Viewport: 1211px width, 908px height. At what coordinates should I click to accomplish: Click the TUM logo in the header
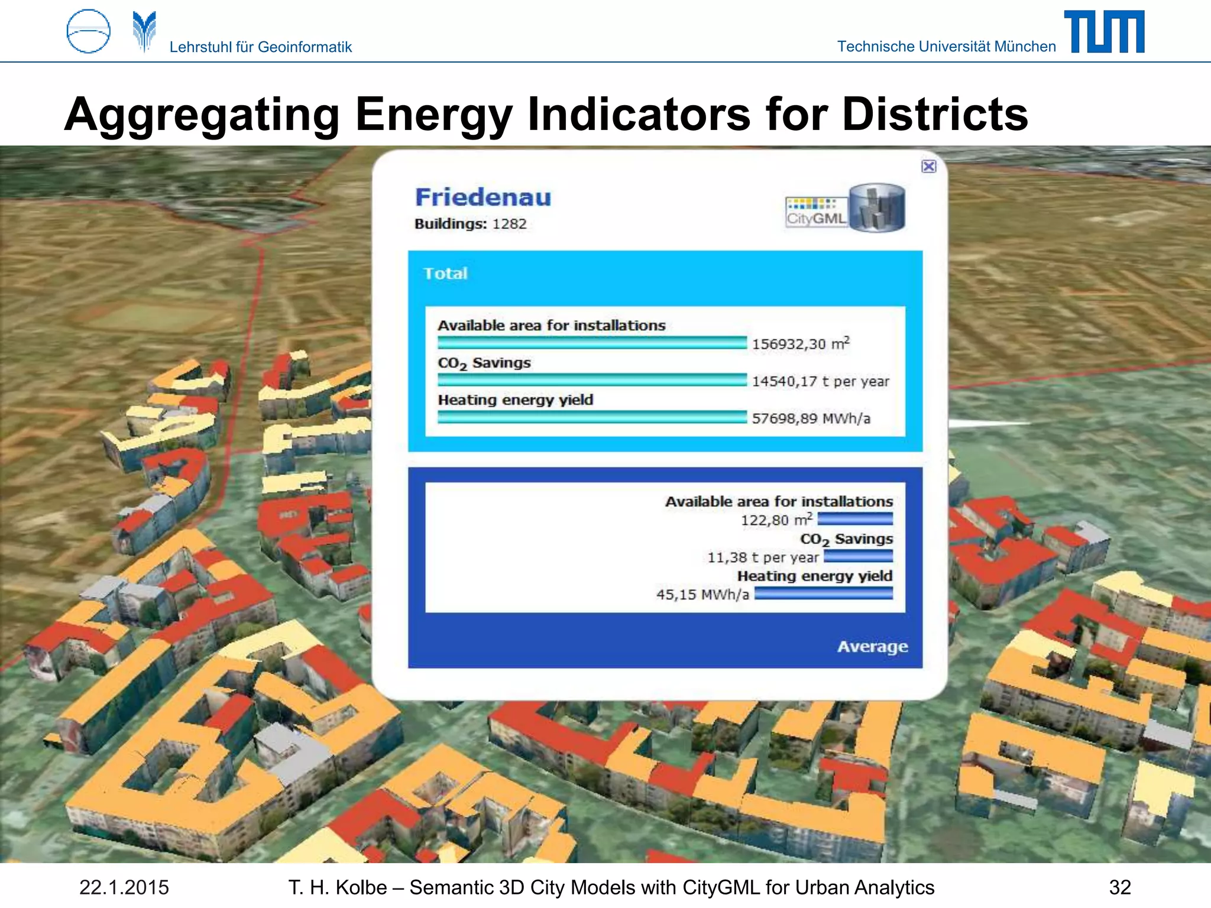click(x=1104, y=32)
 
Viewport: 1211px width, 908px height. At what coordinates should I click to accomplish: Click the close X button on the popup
click(x=929, y=166)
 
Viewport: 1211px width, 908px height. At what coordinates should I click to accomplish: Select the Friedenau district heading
click(x=483, y=197)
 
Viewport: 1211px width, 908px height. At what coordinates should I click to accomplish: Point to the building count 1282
click(x=509, y=224)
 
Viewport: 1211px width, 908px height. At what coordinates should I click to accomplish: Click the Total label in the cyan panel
click(x=445, y=273)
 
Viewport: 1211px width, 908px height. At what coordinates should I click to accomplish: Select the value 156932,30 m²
click(x=801, y=343)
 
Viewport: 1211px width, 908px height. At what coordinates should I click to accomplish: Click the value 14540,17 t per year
click(x=820, y=381)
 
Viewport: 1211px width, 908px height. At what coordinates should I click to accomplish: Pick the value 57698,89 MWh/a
click(x=811, y=419)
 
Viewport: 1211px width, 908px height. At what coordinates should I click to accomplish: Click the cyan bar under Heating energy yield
click(x=592, y=417)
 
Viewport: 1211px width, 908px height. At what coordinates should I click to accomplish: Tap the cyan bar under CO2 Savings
click(x=592, y=380)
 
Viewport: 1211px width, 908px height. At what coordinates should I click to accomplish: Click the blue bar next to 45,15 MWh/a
click(x=823, y=594)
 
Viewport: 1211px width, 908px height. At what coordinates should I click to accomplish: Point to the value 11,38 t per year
click(x=763, y=557)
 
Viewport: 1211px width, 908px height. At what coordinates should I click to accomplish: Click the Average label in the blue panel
click(x=872, y=646)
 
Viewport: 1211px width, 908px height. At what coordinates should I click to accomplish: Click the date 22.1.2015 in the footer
click(x=124, y=887)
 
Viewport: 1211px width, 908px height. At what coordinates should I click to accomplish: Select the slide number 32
click(x=1120, y=887)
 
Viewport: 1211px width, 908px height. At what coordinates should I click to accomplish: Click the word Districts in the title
click(x=935, y=114)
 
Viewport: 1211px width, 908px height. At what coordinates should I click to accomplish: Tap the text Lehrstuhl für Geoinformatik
click(x=260, y=47)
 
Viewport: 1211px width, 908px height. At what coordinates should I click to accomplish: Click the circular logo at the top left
click(x=88, y=31)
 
